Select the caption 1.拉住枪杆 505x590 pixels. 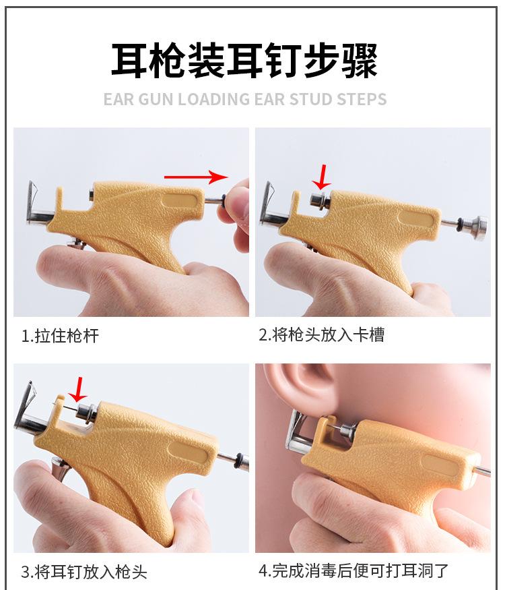[x=60, y=335]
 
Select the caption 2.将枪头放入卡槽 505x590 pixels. [x=321, y=335]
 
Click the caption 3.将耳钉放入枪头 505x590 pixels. [x=83, y=572]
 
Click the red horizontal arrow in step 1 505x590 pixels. [x=197, y=177]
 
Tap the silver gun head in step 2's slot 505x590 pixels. [x=318, y=198]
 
